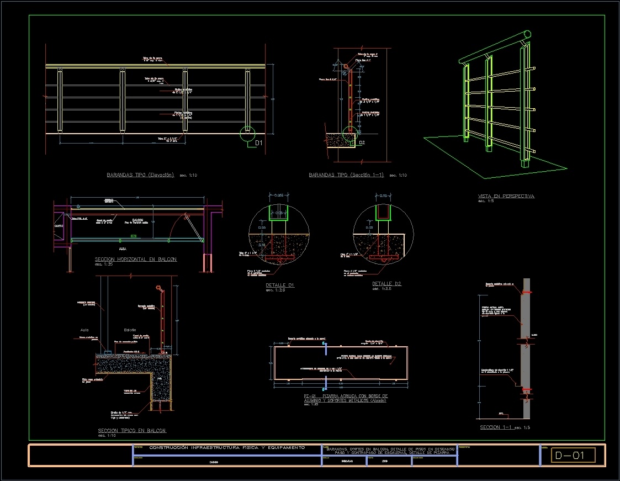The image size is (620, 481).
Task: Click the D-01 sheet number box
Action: [573, 456]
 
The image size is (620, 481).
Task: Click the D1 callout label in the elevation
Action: [258, 143]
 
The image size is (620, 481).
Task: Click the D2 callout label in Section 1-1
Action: [362, 142]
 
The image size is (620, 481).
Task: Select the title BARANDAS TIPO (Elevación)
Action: [140, 175]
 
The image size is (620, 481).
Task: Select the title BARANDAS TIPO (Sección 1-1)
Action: [346, 175]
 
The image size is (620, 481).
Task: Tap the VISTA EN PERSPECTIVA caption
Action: [506, 196]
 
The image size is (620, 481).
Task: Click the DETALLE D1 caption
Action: [280, 285]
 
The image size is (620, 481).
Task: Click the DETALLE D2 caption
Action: [386, 284]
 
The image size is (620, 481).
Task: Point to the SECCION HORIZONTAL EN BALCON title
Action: [136, 259]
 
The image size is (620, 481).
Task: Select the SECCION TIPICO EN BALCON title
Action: [132, 430]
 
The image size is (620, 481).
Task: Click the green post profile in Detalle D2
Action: [383, 213]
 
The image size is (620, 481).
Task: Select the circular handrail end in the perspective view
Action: [527, 35]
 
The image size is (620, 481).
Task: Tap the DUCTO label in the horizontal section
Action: [59, 226]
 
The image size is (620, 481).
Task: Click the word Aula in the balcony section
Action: [84, 330]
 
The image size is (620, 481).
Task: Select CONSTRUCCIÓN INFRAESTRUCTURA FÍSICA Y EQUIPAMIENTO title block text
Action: [227, 447]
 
